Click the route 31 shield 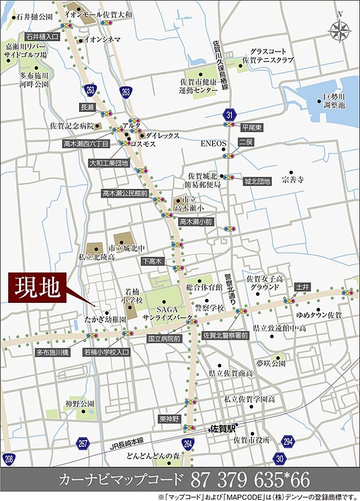[x=229, y=114]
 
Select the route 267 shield [x=82, y=443]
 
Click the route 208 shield [x=8, y=459]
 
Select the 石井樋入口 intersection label [x=42, y=36]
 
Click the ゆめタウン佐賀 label [x=319, y=315]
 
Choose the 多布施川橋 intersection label [x=53, y=352]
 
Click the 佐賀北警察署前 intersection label [x=226, y=336]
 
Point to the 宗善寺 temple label [x=293, y=174]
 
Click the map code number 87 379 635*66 [x=250, y=480]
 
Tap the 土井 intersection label [x=303, y=287]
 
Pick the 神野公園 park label [x=80, y=403]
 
